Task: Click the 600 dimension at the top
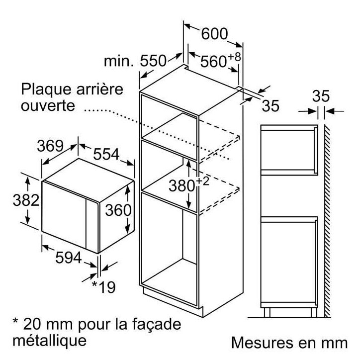(x=214, y=34)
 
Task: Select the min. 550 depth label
(x=135, y=61)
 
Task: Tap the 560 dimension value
(x=213, y=61)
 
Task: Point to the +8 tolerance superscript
(x=234, y=57)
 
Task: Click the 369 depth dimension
(x=50, y=146)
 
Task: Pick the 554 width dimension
(x=106, y=154)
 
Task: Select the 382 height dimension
(x=26, y=200)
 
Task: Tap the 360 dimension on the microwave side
(x=118, y=210)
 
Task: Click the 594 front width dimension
(x=69, y=258)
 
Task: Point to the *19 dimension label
(x=103, y=287)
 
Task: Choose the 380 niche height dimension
(x=182, y=185)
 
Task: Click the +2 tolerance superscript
(x=202, y=181)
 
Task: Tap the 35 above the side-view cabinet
(x=321, y=96)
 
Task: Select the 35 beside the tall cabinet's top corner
(x=270, y=105)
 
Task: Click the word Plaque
(x=46, y=90)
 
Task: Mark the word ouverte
(x=48, y=105)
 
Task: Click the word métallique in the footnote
(x=49, y=341)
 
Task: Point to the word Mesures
(x=262, y=343)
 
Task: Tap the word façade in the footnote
(x=157, y=324)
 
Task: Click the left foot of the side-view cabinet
(x=267, y=312)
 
